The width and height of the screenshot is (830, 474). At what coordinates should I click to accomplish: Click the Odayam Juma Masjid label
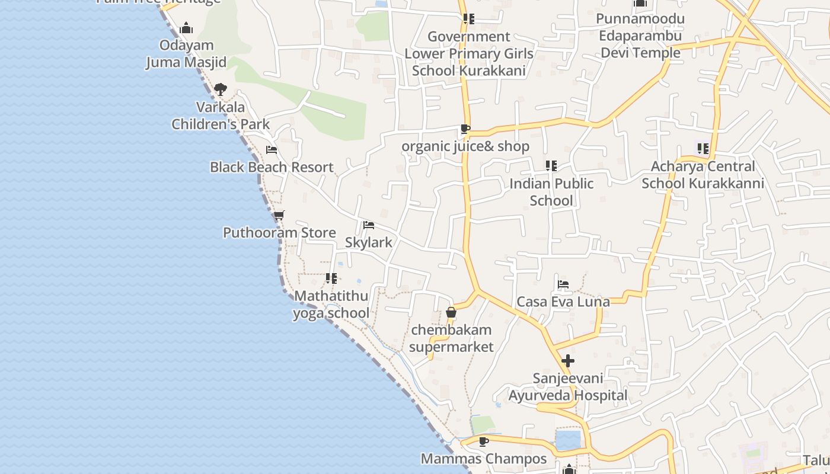(186, 54)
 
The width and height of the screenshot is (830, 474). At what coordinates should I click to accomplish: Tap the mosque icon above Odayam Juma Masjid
(186, 28)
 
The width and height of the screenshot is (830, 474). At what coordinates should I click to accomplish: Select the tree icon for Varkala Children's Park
(221, 90)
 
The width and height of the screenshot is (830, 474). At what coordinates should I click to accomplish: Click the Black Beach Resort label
(272, 167)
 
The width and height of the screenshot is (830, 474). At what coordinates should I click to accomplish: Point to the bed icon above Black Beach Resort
(272, 150)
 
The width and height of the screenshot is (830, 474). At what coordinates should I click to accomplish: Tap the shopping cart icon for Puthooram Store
(279, 215)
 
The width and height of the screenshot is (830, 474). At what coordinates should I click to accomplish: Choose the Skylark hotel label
(369, 242)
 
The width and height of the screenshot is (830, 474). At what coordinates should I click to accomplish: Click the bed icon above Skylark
(369, 225)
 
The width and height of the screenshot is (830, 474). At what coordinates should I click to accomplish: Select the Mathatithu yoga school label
(331, 305)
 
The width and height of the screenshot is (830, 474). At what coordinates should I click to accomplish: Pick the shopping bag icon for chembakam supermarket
(451, 312)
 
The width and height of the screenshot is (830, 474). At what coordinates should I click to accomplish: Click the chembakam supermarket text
(451, 338)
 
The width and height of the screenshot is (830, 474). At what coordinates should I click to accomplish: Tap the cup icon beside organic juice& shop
(465, 129)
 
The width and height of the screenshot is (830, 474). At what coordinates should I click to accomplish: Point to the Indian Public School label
(551, 192)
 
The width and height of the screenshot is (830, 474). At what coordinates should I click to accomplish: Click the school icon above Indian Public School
(551, 166)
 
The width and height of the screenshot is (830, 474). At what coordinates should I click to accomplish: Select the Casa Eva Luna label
(563, 302)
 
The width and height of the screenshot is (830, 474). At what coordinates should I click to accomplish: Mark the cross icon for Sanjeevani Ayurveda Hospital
(568, 360)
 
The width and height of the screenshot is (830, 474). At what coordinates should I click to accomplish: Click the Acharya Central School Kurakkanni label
(703, 175)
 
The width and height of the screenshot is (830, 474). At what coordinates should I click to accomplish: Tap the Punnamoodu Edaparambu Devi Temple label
(640, 36)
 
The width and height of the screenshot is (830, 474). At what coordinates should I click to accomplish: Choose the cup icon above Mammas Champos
(484, 441)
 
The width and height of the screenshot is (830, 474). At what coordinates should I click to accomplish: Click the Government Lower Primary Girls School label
(469, 53)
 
